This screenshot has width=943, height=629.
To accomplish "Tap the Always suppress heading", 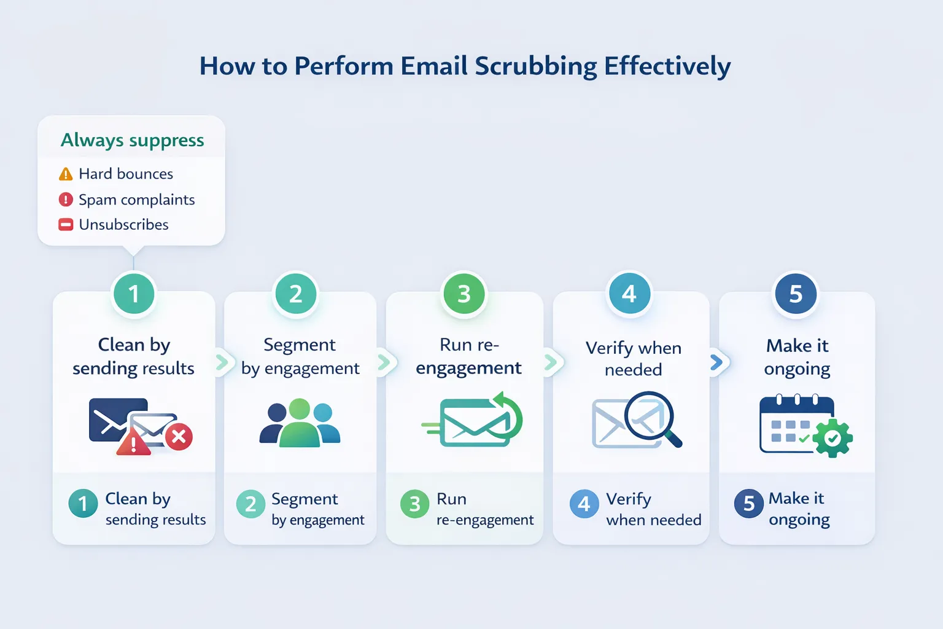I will (x=132, y=140).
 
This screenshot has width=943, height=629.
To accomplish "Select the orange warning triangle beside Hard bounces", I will (x=66, y=174).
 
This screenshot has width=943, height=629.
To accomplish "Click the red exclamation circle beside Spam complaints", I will (x=66, y=200).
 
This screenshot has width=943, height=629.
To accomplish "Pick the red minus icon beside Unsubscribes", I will (x=66, y=225).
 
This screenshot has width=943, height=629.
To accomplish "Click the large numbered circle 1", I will (x=134, y=294).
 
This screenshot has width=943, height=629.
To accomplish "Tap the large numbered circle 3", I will (x=464, y=294).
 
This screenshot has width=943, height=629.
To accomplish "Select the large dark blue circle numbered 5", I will (x=796, y=294).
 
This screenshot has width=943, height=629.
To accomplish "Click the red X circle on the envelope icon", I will (x=179, y=437).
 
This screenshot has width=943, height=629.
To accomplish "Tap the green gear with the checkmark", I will (x=832, y=438).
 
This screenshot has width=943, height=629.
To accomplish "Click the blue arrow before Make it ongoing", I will (x=716, y=362).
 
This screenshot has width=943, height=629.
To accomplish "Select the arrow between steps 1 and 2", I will (x=222, y=362).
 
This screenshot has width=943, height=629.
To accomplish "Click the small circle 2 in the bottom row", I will (x=250, y=504).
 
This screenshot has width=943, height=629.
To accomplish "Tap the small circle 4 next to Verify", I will (x=584, y=504).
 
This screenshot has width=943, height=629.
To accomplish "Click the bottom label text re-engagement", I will (x=485, y=520).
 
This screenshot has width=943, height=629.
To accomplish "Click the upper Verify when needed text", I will (x=633, y=359).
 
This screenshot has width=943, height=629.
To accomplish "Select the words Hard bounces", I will (x=126, y=174).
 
